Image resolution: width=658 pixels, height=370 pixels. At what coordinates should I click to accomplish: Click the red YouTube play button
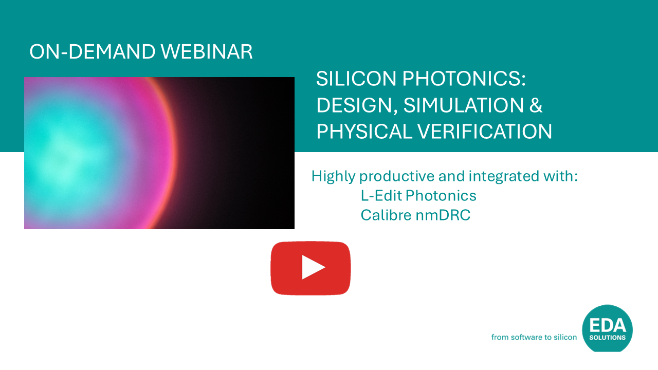[310, 268]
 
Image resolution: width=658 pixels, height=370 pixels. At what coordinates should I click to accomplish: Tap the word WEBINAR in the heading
[207, 52]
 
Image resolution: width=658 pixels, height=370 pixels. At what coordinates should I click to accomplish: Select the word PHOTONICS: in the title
[464, 79]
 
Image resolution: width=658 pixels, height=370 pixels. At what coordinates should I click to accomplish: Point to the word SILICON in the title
[356, 79]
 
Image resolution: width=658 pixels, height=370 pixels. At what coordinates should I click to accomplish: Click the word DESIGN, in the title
[357, 105]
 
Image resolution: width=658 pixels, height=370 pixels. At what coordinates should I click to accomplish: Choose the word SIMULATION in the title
[464, 105]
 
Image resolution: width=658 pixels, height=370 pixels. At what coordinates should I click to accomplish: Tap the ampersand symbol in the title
[536, 105]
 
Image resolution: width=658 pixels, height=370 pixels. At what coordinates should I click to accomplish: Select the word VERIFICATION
[485, 131]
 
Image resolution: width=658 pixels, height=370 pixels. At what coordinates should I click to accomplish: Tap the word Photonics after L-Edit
[441, 196]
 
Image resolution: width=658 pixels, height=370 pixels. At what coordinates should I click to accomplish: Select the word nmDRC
[443, 215]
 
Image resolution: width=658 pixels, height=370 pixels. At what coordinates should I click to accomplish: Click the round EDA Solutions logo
[607, 328]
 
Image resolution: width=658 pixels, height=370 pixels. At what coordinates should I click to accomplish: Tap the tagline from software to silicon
[534, 337]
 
